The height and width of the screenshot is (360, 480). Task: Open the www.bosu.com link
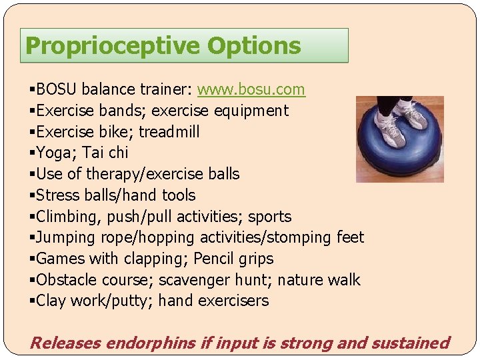[251, 89]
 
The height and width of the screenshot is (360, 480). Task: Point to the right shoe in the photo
[414, 116]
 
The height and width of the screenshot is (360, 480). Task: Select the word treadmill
[169, 132]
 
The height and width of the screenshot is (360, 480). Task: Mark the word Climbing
[67, 217]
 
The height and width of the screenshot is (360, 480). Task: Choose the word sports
[269, 217]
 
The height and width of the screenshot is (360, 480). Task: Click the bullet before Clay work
[32, 301]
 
